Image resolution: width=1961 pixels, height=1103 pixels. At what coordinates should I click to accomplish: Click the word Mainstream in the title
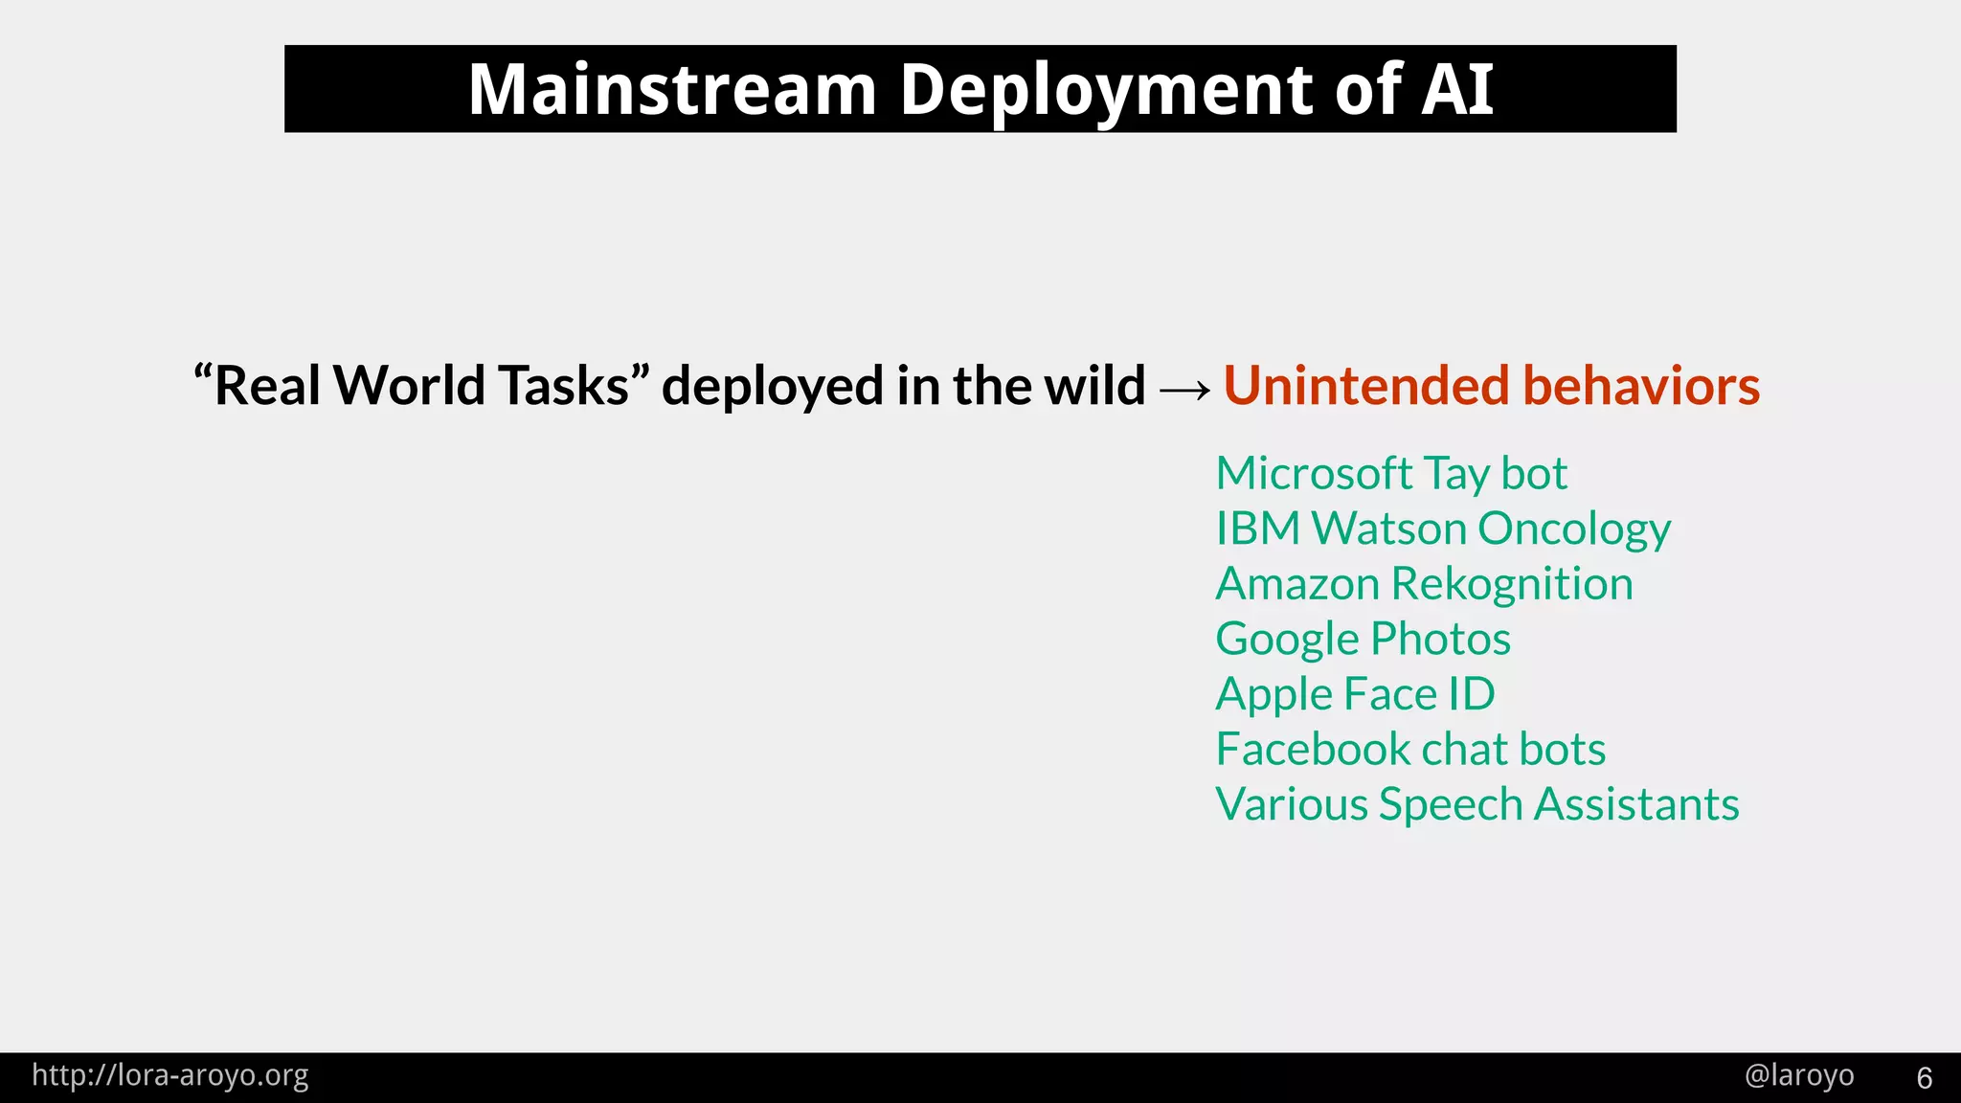click(x=672, y=89)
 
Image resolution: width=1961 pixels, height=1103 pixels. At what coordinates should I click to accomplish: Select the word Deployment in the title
click(x=1105, y=89)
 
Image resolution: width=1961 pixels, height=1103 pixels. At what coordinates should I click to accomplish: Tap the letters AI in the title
click(x=1456, y=89)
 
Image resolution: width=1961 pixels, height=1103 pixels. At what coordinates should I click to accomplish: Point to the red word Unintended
click(x=1366, y=386)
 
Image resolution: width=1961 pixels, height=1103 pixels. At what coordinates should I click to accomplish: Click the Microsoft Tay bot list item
click(x=1390, y=474)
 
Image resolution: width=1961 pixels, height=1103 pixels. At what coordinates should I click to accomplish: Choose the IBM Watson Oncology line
click(x=1442, y=529)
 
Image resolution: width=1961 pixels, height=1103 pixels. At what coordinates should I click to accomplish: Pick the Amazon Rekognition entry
click(x=1424, y=584)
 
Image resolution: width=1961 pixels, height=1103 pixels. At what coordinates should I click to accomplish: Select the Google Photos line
click(x=1363, y=640)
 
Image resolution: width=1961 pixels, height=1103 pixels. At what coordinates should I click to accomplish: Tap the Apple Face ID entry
click(x=1355, y=694)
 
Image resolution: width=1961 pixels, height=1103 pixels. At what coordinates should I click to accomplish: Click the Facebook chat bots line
click(x=1409, y=750)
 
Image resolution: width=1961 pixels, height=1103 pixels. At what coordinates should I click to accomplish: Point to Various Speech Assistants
click(x=1476, y=804)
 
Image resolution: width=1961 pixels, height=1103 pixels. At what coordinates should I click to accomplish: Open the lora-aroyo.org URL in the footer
click(x=170, y=1076)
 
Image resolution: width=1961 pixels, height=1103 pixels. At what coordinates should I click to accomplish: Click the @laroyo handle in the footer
click(x=1798, y=1076)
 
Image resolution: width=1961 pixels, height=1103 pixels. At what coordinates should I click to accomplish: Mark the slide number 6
click(x=1924, y=1078)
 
